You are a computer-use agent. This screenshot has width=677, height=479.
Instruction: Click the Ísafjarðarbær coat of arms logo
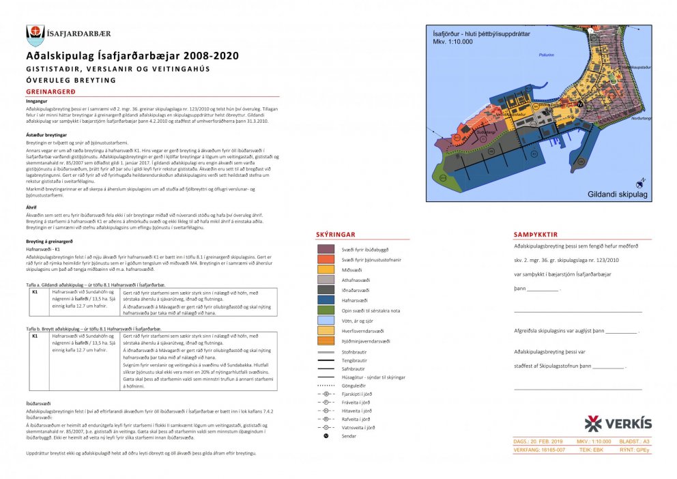[35, 34]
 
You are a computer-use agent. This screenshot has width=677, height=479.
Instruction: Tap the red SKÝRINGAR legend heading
[335, 234]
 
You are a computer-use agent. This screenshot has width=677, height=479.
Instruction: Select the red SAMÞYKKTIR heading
[538, 235]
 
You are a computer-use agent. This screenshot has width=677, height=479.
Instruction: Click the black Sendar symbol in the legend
[326, 435]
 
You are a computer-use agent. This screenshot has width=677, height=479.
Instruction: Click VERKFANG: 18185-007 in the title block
[539, 450]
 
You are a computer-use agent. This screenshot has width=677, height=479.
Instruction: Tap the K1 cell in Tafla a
[35, 291]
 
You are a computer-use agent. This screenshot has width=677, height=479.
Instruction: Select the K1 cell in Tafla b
[35, 336]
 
